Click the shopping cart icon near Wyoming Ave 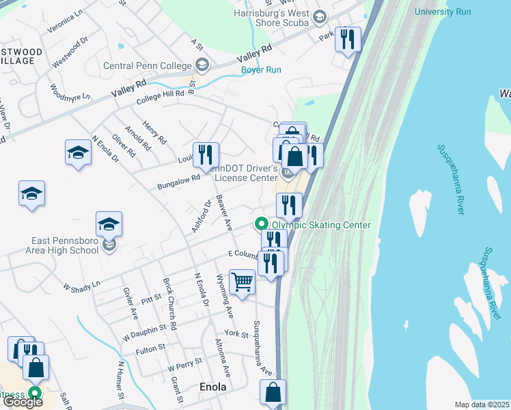click(243, 282)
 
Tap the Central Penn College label click(147, 66)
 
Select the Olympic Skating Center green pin click(260, 224)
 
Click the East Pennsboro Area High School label click(65, 245)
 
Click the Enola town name click(212, 387)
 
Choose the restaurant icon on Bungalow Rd click(205, 155)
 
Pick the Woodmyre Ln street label click(70, 93)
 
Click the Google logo click(23, 402)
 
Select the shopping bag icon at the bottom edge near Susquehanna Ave click(273, 392)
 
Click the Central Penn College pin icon click(202, 66)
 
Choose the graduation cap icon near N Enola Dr click(78, 152)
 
